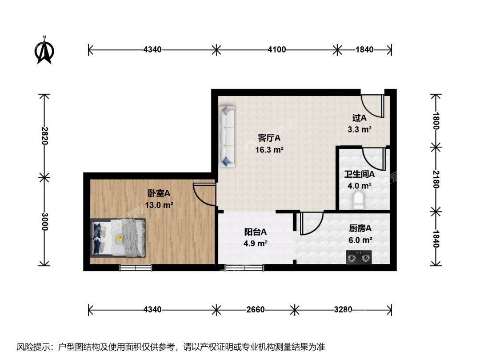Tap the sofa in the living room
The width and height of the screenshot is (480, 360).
227,136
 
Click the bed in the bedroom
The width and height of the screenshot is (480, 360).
118,237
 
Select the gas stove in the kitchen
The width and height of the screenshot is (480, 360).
359,257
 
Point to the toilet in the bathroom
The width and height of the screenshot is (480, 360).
358,200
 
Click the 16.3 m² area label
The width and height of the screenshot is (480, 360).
269,150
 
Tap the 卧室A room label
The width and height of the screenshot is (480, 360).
159,193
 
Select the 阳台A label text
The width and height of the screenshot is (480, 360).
255,232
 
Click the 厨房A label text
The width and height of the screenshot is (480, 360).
360,228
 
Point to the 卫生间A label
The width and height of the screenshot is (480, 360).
360,174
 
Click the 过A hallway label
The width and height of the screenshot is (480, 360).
360,117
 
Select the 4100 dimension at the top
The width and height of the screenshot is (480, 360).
277,50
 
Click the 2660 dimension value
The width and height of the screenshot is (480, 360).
256,310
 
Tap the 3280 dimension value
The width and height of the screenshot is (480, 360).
343,310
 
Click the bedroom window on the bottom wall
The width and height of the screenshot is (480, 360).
136,268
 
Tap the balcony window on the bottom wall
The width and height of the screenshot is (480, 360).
244,268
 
